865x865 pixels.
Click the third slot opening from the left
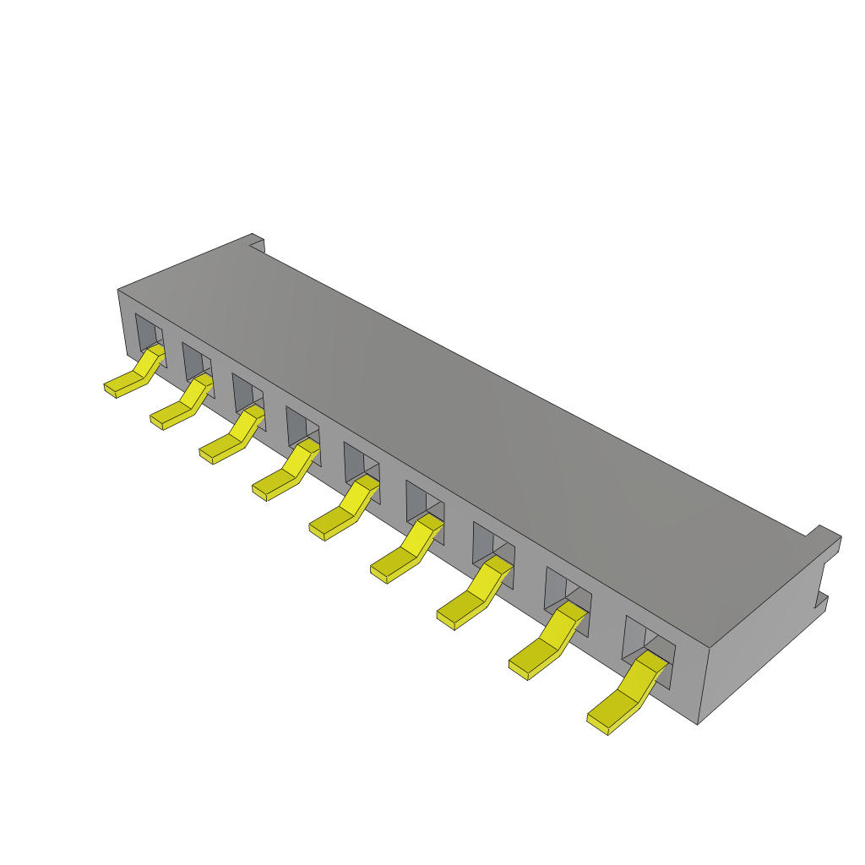coord(247,392)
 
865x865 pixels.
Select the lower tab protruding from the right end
coord(820,602)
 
